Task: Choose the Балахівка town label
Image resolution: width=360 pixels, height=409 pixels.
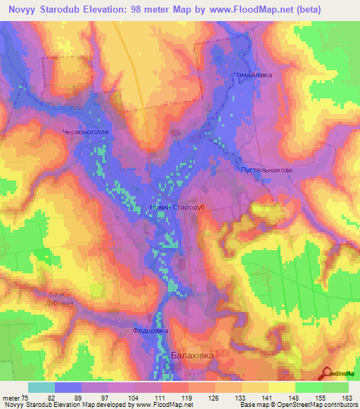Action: pyautogui.click(x=192, y=356)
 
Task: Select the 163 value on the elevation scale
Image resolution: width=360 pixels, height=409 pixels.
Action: pyautogui.click(x=347, y=398)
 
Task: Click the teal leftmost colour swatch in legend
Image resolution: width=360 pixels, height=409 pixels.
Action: pyautogui.click(x=41, y=387)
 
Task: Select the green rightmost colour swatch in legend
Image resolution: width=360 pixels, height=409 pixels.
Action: pyautogui.click(x=335, y=387)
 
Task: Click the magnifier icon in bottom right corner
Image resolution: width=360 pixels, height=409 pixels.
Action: pyautogui.click(x=328, y=374)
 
